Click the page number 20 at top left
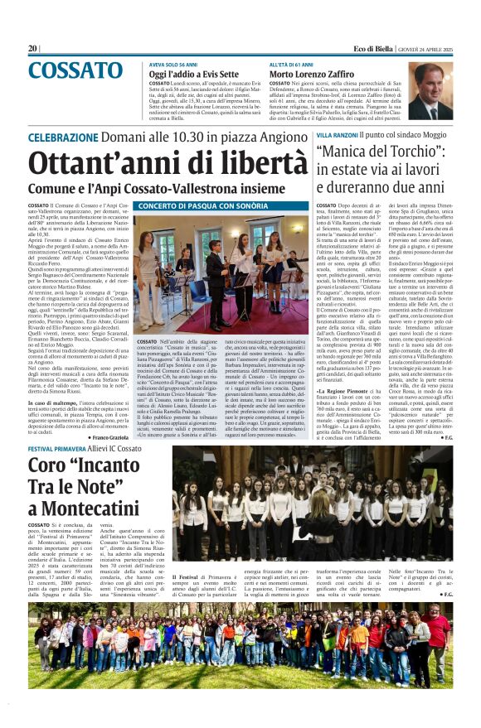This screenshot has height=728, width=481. pyautogui.click(x=33, y=48)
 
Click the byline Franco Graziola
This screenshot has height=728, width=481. pyautogui.click(x=104, y=436)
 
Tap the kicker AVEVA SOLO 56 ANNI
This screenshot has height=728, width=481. pyautogui.click(x=175, y=64)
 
